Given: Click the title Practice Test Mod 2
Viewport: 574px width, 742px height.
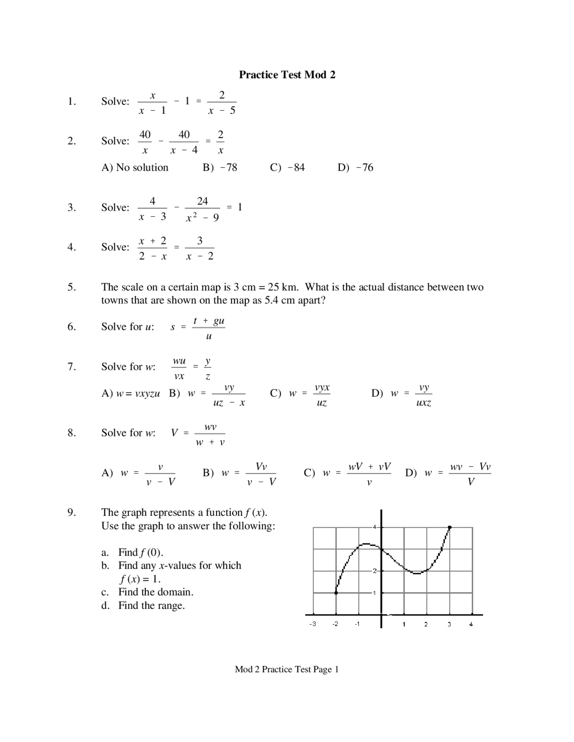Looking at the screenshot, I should pyautogui.click(x=287, y=74).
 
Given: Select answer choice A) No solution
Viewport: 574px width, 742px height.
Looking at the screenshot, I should pyautogui.click(x=135, y=168).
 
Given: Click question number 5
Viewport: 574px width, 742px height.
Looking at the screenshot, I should pyautogui.click(x=72, y=287).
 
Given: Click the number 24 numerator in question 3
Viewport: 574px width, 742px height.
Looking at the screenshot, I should pyautogui.click(x=203, y=201).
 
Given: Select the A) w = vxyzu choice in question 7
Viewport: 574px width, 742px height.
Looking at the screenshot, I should pyautogui.click(x=131, y=394).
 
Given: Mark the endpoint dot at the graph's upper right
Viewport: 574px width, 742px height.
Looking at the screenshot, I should pyautogui.click(x=450, y=527).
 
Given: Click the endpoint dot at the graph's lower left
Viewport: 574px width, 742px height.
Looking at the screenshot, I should pyautogui.click(x=336, y=593).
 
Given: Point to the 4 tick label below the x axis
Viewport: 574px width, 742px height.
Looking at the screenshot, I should pyautogui.click(x=471, y=624).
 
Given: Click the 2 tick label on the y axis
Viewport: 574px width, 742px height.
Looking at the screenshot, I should pyautogui.click(x=374, y=571).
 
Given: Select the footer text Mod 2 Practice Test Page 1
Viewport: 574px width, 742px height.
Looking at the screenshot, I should pyautogui.click(x=287, y=669).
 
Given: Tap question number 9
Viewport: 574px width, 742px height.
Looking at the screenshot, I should pyautogui.click(x=72, y=513).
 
